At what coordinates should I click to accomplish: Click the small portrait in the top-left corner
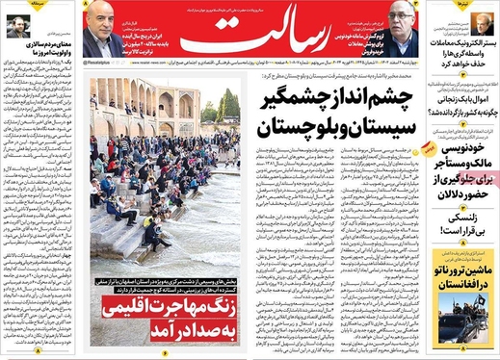pos(16,28)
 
